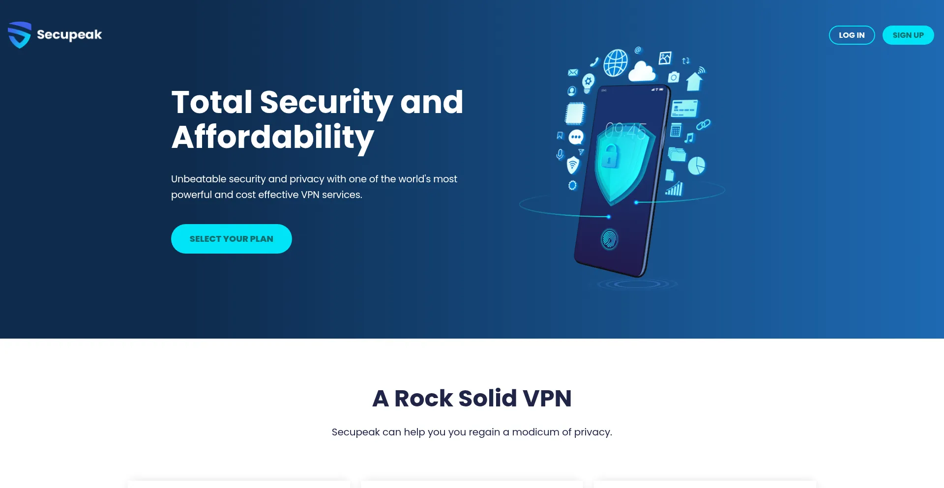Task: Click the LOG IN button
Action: click(x=852, y=35)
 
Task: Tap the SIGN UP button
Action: click(x=908, y=35)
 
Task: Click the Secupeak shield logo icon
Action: click(x=20, y=35)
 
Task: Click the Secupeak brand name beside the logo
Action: click(x=69, y=35)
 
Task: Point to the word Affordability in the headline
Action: click(x=273, y=137)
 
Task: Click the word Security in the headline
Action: click(x=326, y=102)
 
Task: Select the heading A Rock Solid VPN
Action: click(x=472, y=398)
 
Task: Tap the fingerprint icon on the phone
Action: click(x=610, y=239)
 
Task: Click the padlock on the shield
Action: click(x=610, y=156)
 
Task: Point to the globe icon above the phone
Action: click(x=616, y=62)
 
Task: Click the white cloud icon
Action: click(x=642, y=72)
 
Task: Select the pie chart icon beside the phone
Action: click(x=696, y=166)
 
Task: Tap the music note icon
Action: click(x=689, y=138)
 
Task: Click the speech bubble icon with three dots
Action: click(x=576, y=137)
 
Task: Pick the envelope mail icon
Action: click(x=573, y=72)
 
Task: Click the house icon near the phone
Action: click(x=694, y=82)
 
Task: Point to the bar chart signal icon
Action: click(x=675, y=189)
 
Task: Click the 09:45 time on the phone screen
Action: click(x=625, y=131)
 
